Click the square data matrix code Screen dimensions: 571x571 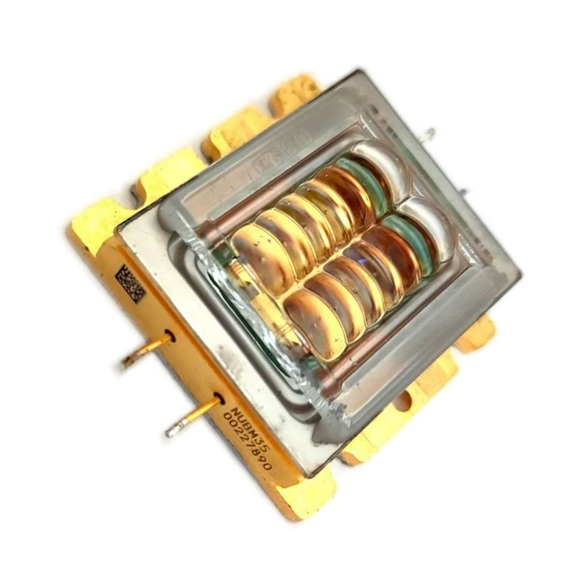[130, 283]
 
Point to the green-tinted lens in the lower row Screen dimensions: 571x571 [410, 239]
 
